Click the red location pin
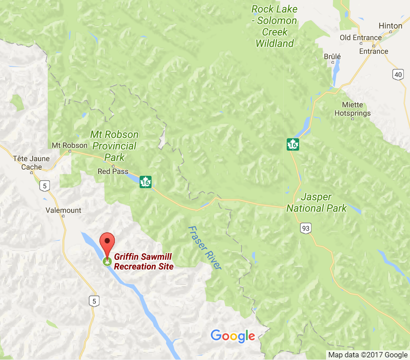coord(107,241)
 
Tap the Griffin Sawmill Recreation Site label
coord(144,261)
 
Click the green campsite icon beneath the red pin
coord(106,262)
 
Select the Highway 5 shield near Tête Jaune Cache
coord(44,186)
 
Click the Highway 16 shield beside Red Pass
coord(145,182)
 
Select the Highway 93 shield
coord(305,228)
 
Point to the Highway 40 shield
coord(399,74)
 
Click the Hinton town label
coord(391,26)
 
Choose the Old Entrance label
coord(361,38)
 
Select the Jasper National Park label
coord(316,202)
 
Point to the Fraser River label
coord(204,248)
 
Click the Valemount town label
coord(64,210)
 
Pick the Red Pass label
coord(113,171)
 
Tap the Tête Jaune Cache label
coord(31,163)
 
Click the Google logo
coord(233,336)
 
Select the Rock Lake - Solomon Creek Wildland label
coord(274,26)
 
